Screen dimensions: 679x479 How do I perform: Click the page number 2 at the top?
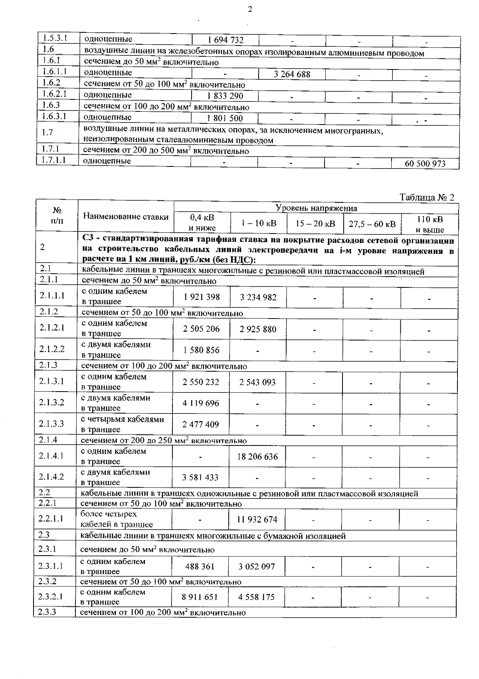(250, 10)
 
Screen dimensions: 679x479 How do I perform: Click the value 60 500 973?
(425, 164)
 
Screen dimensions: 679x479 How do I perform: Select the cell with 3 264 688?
(292, 74)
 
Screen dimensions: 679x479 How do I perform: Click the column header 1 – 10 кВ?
(259, 223)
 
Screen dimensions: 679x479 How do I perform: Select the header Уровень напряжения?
(317, 208)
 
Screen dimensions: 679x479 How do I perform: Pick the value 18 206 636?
(257, 457)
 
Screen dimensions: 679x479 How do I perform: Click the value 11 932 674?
(257, 519)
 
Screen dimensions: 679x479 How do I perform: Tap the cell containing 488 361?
(200, 566)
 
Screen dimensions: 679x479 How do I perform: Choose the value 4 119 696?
(201, 403)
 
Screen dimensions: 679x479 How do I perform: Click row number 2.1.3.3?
(51, 424)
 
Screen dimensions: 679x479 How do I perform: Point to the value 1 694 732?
(226, 40)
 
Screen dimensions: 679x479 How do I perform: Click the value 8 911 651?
(200, 597)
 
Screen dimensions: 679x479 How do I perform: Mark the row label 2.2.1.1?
(51, 519)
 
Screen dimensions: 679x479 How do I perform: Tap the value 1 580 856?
(201, 350)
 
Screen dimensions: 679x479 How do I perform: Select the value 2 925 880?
(258, 329)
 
